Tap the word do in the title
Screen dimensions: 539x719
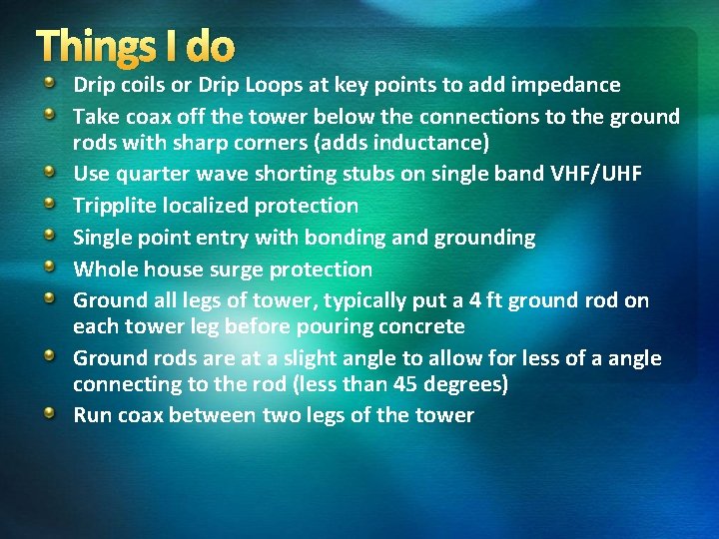click(210, 46)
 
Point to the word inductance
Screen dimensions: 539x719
click(433, 142)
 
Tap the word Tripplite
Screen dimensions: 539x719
click(115, 206)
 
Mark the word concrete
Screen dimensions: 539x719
click(420, 326)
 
